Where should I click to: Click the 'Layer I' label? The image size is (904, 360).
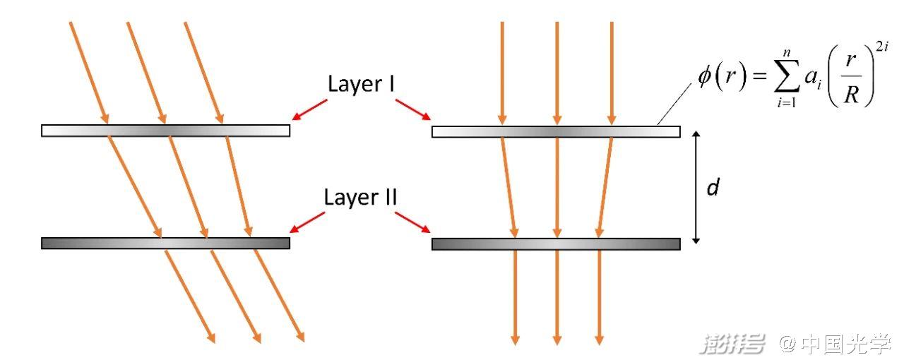[x=361, y=84]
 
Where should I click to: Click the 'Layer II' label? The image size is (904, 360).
[x=360, y=197]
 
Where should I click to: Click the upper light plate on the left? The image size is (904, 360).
[x=165, y=131]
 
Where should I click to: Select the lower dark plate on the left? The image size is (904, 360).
[x=165, y=244]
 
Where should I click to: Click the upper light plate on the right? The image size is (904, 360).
[x=556, y=131]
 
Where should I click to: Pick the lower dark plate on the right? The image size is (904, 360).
[x=556, y=244]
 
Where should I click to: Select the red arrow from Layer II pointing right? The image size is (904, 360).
[x=412, y=221]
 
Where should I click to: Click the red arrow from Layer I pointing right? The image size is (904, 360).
[x=412, y=109]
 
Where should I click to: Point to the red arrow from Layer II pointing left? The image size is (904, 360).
[x=308, y=221]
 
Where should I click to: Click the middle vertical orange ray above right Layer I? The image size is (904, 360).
[x=557, y=71]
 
